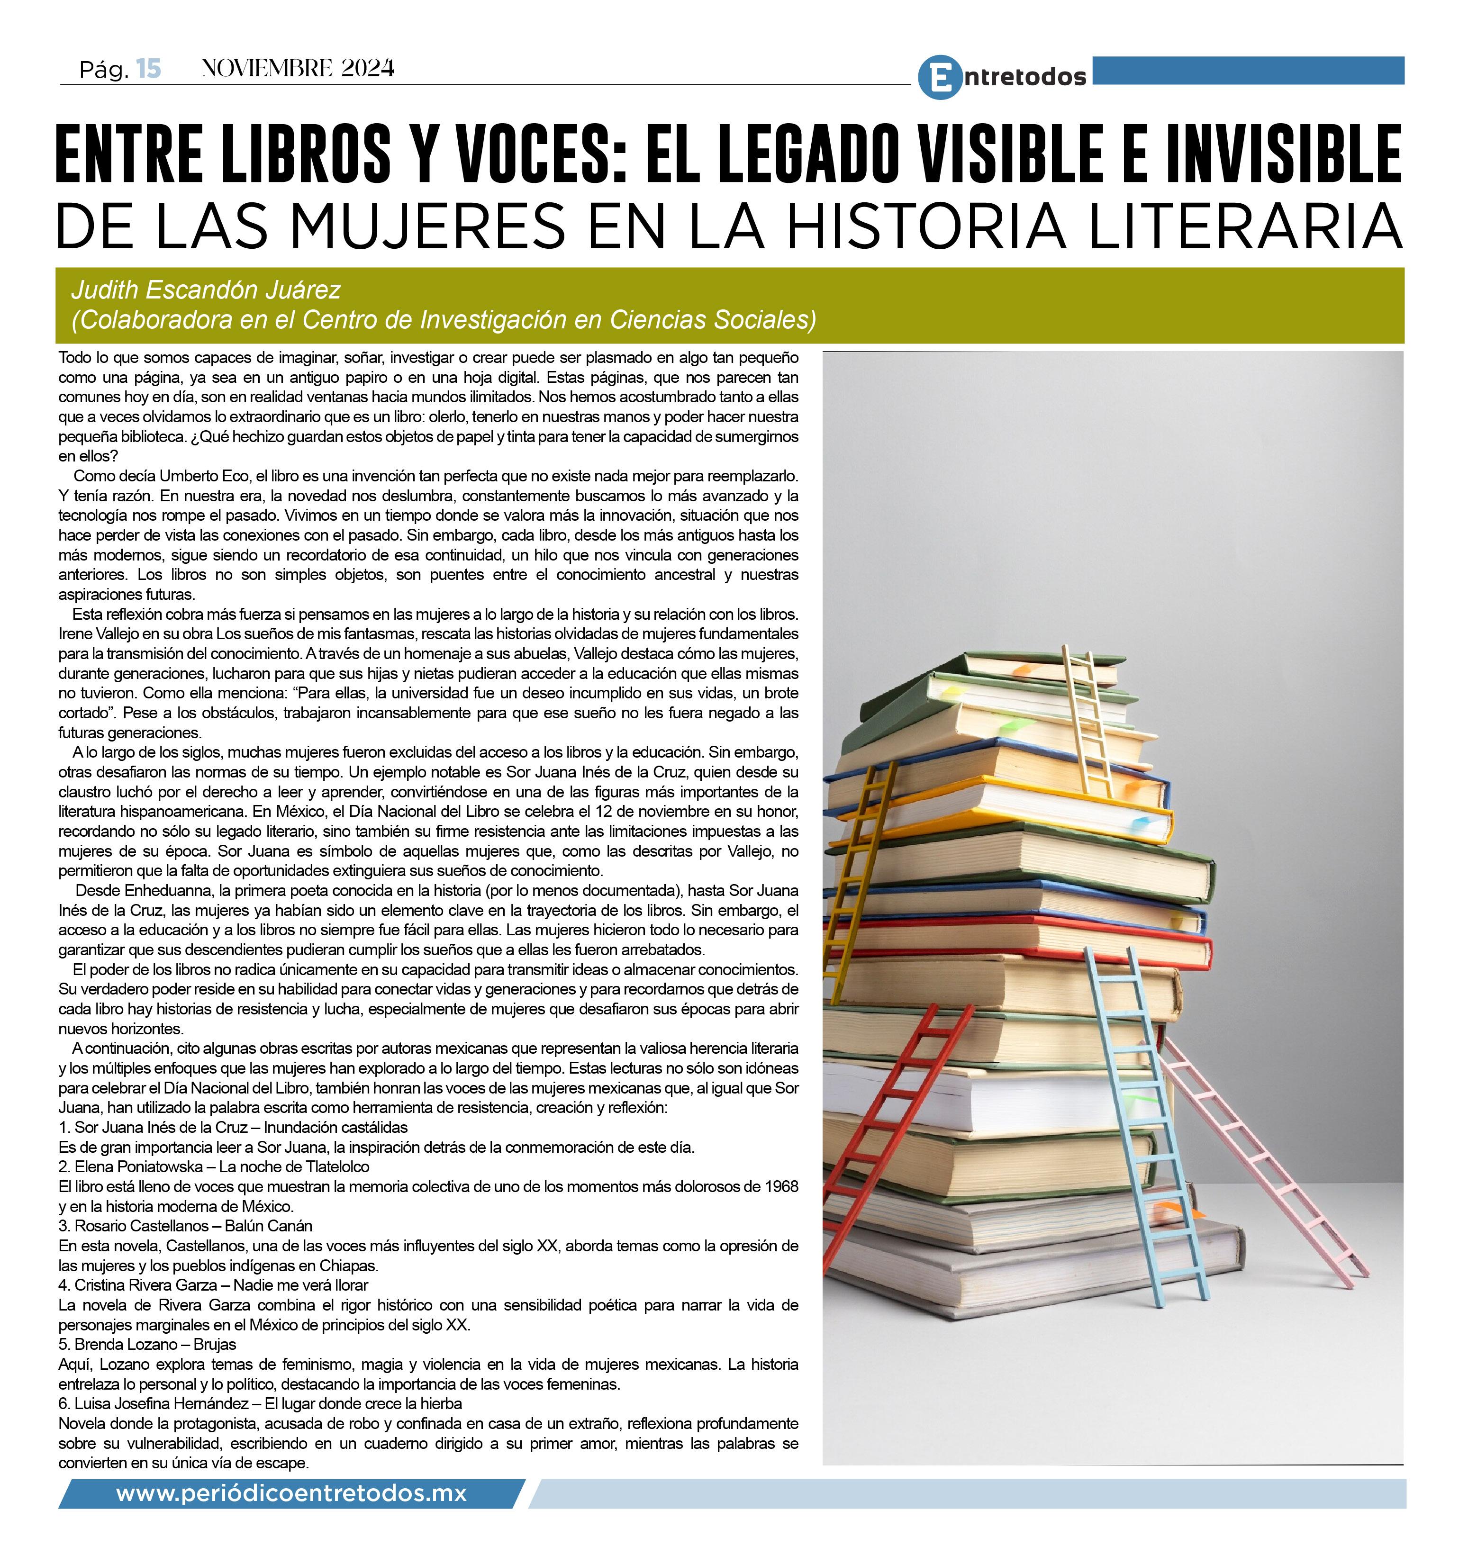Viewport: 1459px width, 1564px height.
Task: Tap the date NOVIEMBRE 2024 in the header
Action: coord(298,69)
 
